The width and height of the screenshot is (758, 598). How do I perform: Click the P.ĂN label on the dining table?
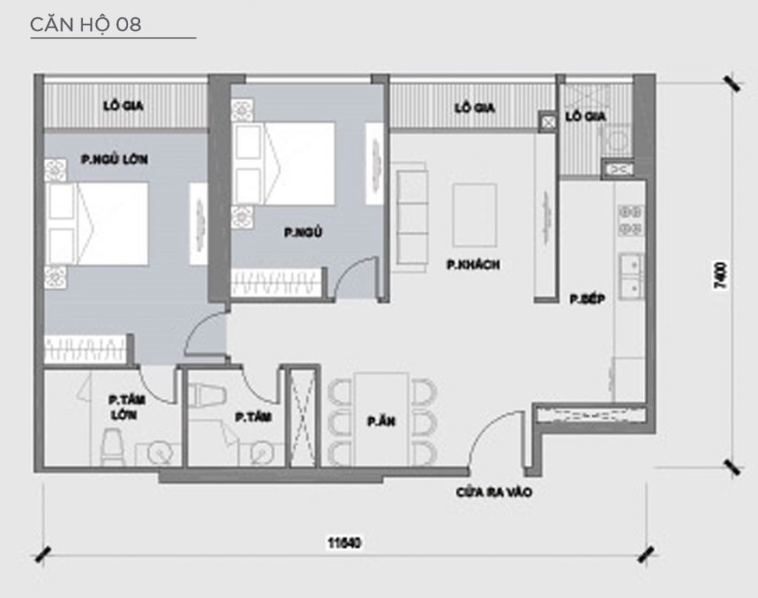(x=380, y=421)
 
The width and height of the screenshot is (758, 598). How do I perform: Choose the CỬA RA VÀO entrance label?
(x=494, y=492)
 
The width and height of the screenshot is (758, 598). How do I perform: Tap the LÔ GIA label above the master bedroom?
(x=124, y=106)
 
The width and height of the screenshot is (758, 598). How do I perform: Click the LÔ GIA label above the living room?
(x=474, y=107)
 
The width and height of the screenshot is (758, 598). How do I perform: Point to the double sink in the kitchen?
(x=631, y=276)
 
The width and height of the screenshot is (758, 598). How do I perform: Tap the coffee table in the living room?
(x=475, y=215)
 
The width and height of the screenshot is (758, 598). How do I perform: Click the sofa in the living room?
(x=412, y=213)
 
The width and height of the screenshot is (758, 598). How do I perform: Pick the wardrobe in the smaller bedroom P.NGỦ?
(x=277, y=284)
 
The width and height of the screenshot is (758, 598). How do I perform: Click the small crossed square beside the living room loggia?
(x=547, y=122)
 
